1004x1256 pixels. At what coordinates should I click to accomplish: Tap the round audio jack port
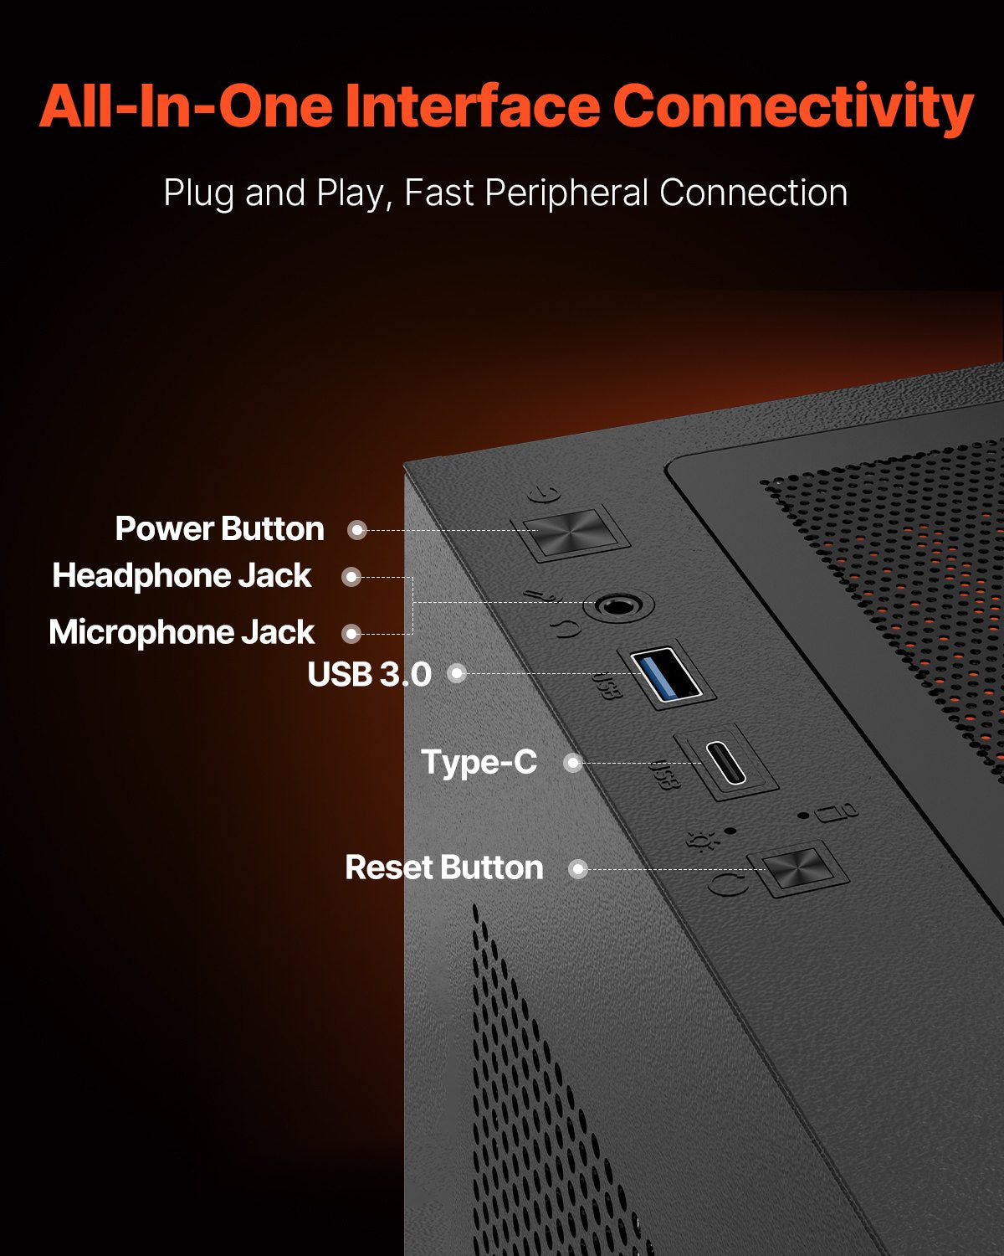[x=617, y=606]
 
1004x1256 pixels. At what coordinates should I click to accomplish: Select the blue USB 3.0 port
[x=666, y=673]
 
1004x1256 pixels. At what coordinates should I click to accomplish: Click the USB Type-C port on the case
[x=725, y=762]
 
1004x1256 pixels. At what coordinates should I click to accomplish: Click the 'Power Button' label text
[x=219, y=529]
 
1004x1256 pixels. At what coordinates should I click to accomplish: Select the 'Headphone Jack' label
[x=182, y=575]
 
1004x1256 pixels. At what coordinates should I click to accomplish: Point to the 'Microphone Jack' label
[x=182, y=632]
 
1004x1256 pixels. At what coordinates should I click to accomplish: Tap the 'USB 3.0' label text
[x=369, y=674]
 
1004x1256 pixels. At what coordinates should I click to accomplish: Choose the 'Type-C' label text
[x=479, y=762]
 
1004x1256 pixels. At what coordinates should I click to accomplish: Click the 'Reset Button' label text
[x=444, y=867]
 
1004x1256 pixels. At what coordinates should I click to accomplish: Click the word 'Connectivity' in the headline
[x=793, y=106]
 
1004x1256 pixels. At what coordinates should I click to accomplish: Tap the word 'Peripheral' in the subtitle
[x=566, y=193]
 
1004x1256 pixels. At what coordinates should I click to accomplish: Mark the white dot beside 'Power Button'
[x=357, y=530]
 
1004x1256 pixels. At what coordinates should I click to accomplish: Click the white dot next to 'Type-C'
[x=573, y=763]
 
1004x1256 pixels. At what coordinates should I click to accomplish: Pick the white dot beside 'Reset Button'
[x=578, y=869]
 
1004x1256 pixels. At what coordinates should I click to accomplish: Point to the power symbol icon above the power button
[x=544, y=495]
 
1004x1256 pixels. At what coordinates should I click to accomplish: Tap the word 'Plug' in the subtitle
[x=198, y=193]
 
